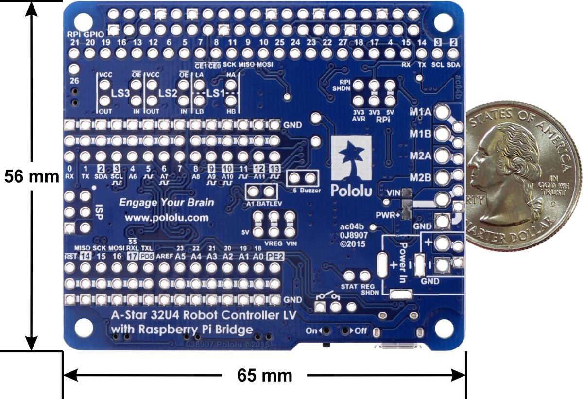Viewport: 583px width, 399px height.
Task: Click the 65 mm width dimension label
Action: pos(265,376)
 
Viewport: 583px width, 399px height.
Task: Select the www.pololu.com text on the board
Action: pos(167,218)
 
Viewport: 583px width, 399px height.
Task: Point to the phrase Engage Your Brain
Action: pos(167,202)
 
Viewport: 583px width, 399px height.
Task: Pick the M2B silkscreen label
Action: pos(421,177)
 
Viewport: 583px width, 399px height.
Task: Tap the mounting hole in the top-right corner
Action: pos(443,21)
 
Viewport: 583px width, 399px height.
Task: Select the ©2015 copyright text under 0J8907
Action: pos(355,243)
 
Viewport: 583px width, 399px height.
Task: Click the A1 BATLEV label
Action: pos(263,204)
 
